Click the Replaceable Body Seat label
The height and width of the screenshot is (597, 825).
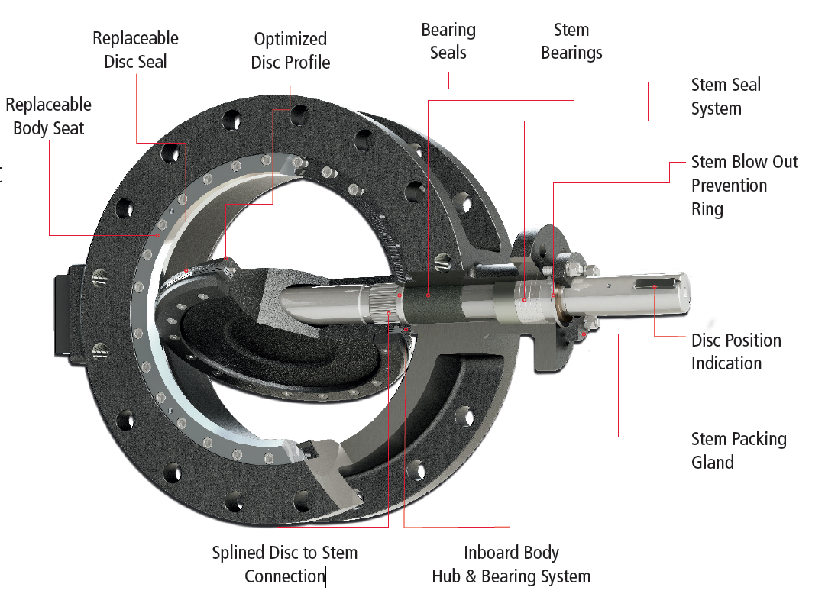[48, 116]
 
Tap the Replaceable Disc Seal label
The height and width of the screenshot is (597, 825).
[135, 50]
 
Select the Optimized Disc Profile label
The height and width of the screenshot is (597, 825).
[290, 50]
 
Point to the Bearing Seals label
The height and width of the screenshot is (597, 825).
[448, 41]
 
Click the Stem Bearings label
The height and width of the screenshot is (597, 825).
[571, 41]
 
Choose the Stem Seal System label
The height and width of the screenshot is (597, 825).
[726, 96]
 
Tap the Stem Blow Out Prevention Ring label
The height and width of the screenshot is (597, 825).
[744, 185]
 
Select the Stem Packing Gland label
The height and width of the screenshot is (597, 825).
[738, 450]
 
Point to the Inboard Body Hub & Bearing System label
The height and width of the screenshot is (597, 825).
[511, 564]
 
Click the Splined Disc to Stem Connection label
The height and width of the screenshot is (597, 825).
[284, 564]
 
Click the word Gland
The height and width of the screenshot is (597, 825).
[713, 463]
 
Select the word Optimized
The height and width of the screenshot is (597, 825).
[290, 39]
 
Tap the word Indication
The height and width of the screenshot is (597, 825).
[726, 363]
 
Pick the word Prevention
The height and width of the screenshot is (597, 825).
[729, 186]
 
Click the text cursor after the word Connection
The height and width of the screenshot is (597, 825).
[326, 576]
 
